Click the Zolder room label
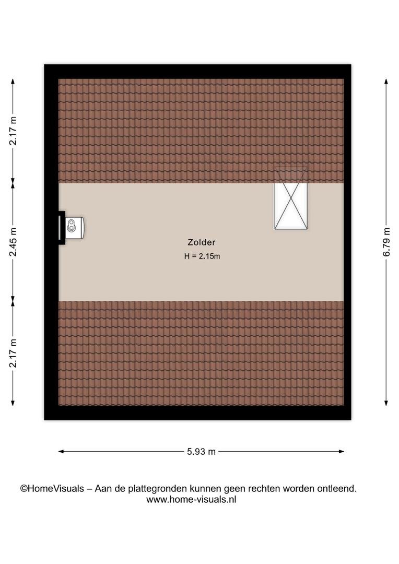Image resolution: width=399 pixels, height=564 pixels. (202, 242)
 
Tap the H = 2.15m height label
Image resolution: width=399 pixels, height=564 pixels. (202, 256)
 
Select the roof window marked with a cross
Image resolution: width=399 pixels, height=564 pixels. (291, 198)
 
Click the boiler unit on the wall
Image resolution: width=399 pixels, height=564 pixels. (75, 228)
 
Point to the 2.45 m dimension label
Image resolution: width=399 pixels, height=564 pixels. (13, 242)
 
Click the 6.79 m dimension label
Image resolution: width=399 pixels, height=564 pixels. (386, 242)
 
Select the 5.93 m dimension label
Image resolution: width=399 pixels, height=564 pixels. (201, 452)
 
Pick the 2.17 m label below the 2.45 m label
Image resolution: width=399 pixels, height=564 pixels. (13, 353)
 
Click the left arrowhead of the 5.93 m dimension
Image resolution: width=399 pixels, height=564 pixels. (61, 451)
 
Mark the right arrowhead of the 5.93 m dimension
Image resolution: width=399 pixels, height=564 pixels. (342, 451)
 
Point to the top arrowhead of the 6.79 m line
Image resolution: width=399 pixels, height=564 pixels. (386, 81)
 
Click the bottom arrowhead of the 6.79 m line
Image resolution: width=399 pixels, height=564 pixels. (386, 403)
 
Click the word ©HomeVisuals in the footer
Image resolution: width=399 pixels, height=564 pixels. (52, 488)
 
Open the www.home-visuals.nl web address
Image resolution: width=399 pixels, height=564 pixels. (191, 499)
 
